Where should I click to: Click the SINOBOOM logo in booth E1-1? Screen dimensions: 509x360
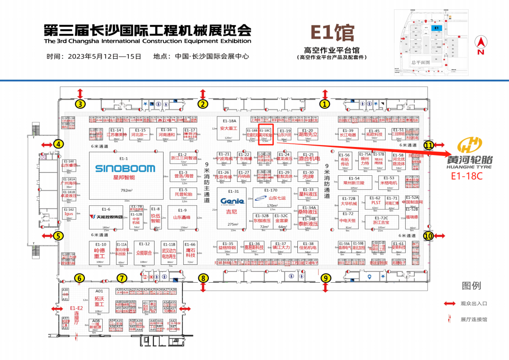(x=125, y=168)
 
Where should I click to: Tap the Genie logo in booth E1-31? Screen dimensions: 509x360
(x=232, y=201)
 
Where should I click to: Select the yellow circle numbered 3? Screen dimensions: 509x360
(x=81, y=104)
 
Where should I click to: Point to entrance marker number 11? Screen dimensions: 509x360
(x=428, y=145)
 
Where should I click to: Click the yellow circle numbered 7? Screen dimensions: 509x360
(x=122, y=278)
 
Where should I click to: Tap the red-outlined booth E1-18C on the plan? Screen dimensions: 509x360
(x=265, y=135)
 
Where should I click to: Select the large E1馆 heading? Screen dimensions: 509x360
(x=332, y=33)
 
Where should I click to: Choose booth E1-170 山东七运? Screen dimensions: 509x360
(x=272, y=198)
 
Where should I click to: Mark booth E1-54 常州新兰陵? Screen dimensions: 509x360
(x=354, y=182)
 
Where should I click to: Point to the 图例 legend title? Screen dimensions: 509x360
(x=471, y=285)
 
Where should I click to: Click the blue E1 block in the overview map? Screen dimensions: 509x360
(x=436, y=28)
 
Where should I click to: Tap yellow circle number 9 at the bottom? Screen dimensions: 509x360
(x=325, y=278)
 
